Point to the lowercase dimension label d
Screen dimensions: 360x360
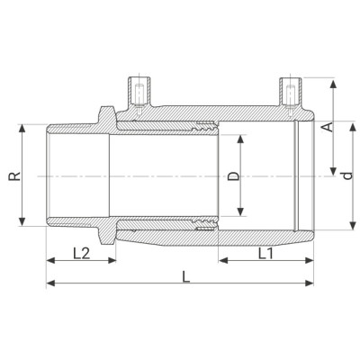(x=346, y=175)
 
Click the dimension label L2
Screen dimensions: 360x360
(x=80, y=254)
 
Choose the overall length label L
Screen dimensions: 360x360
(x=185, y=279)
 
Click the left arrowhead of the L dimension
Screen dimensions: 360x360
(x=47, y=284)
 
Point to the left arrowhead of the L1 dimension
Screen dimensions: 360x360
(x=220, y=263)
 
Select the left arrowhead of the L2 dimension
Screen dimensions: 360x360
(x=47, y=263)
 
